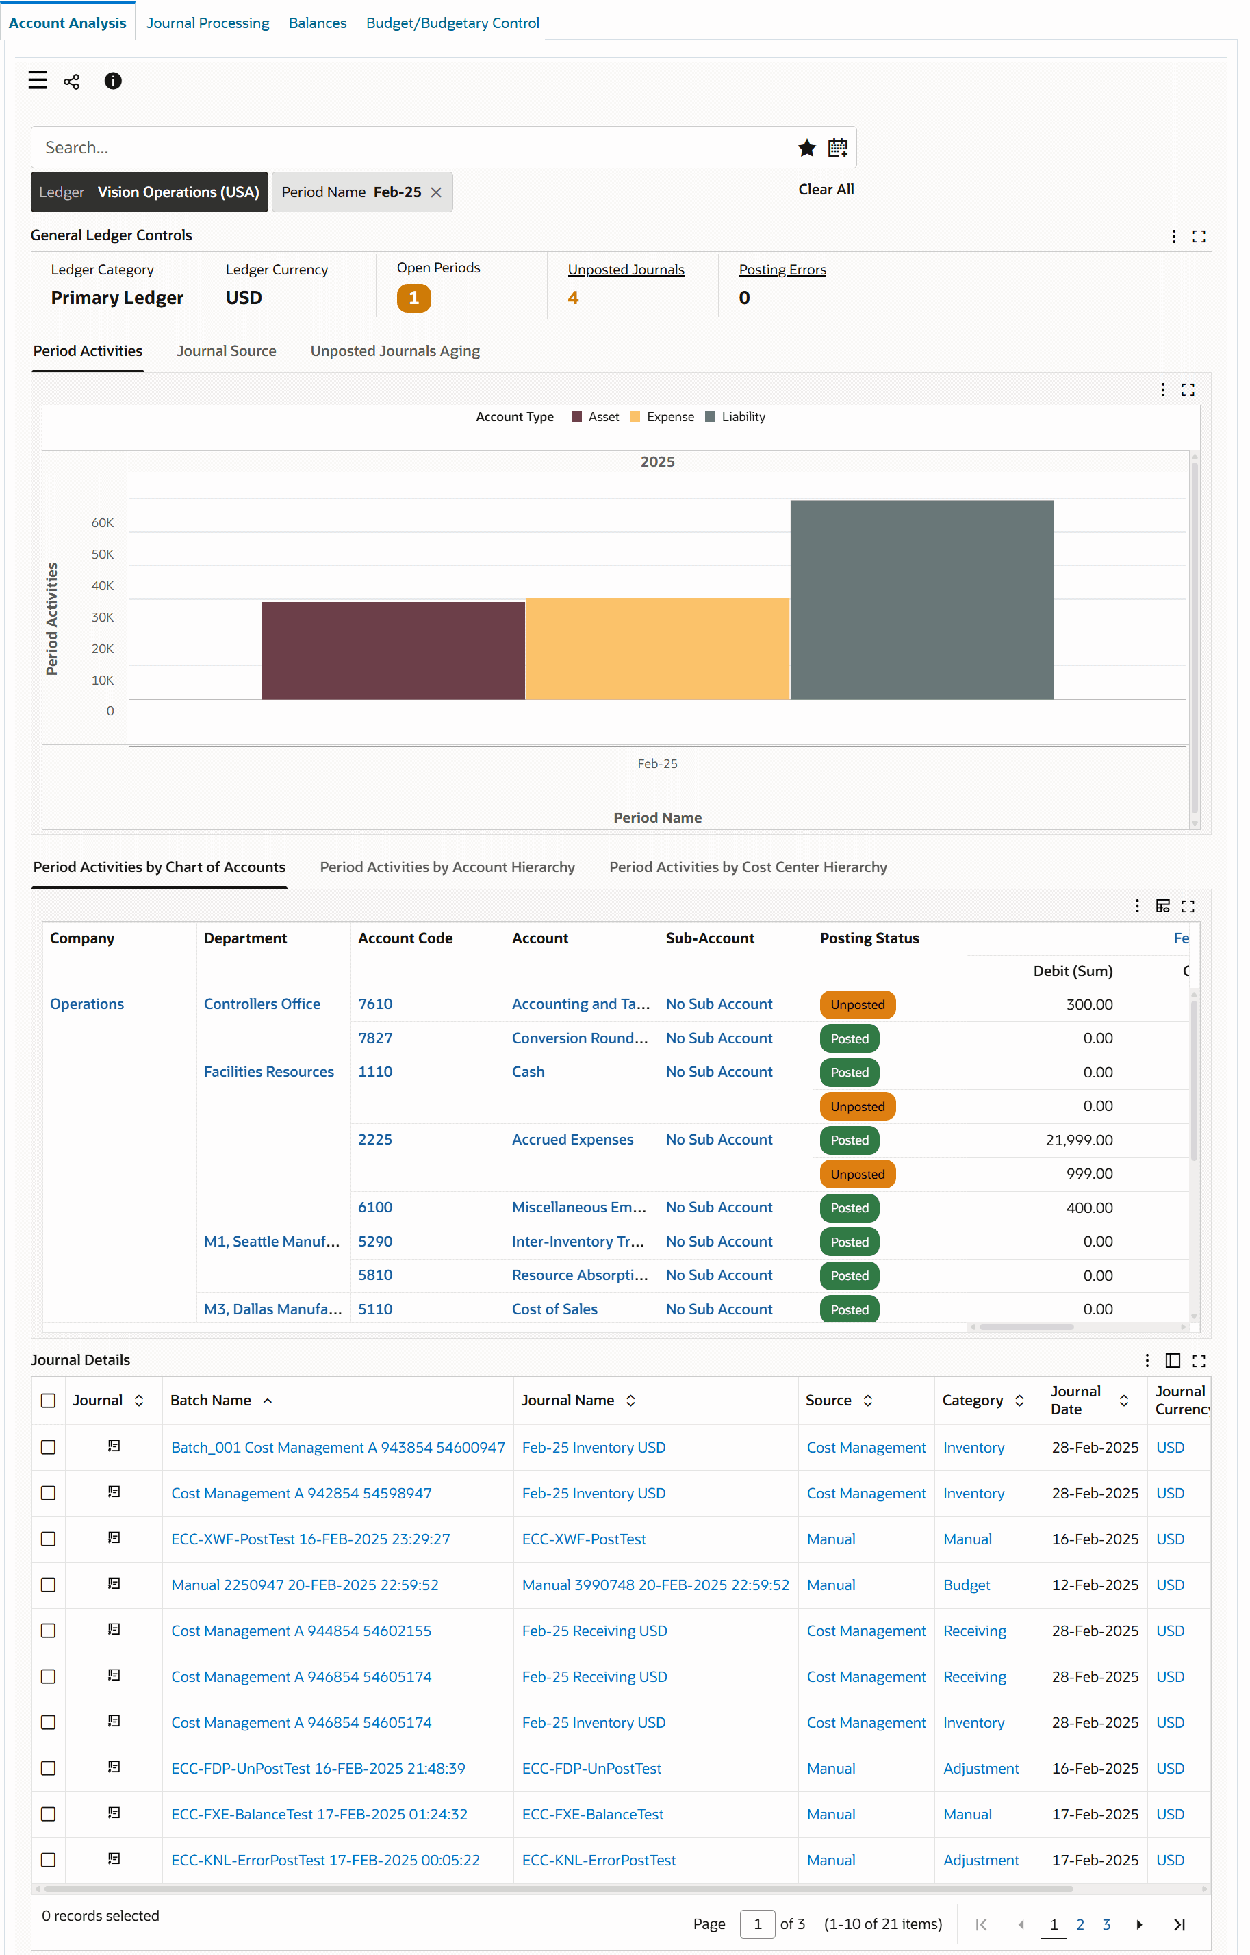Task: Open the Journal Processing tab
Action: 208,23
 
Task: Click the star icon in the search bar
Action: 806,148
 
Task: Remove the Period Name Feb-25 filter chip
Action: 436,192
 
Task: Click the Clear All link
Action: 826,189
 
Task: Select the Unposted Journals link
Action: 625,270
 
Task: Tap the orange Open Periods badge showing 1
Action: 413,298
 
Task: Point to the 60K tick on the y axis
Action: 102,523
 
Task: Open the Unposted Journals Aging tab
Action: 394,350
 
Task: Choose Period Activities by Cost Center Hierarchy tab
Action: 748,867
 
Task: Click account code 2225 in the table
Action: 374,1139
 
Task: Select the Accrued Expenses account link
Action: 572,1139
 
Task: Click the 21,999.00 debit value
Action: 1078,1140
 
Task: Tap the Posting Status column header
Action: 869,938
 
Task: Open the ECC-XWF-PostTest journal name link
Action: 584,1539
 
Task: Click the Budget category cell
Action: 966,1585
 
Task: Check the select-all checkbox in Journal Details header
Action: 49,1401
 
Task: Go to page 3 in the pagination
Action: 1106,1924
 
